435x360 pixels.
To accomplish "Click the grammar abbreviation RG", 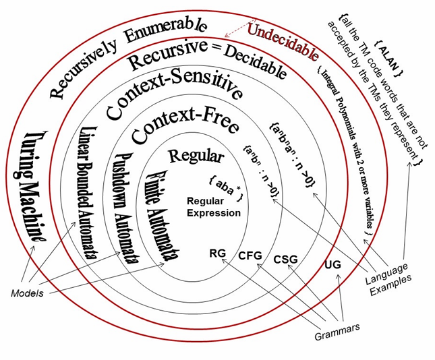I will click(x=218, y=253).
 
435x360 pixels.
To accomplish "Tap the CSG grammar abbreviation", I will click(x=285, y=260).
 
